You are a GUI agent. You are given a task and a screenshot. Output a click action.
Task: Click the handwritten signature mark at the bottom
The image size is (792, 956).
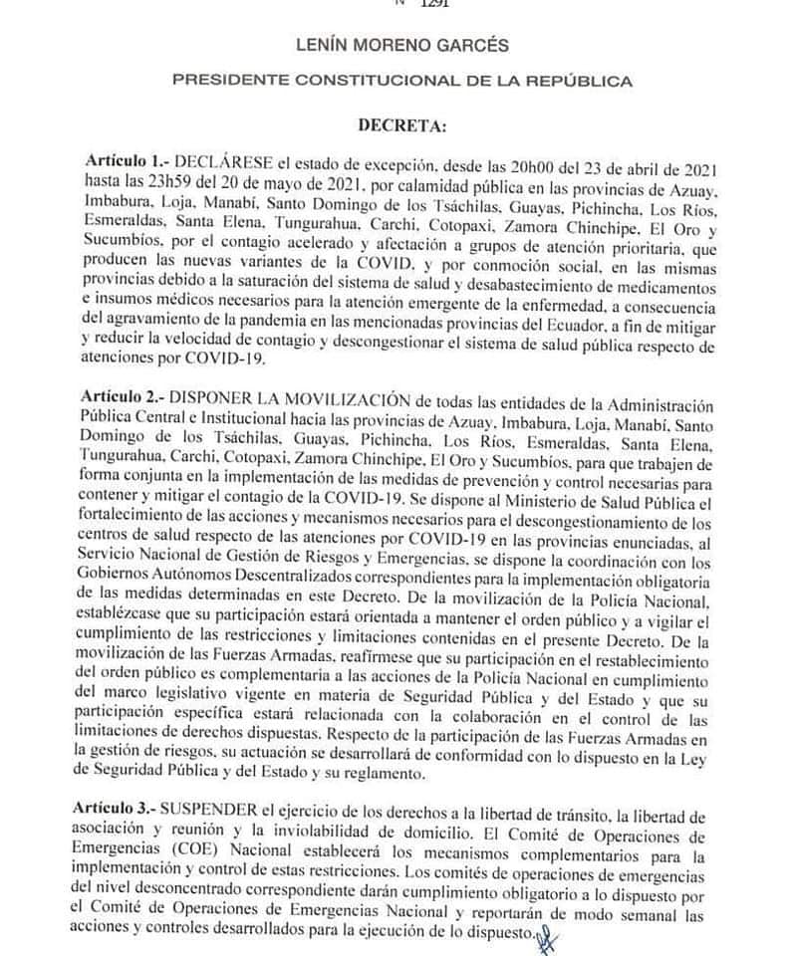click(546, 937)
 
